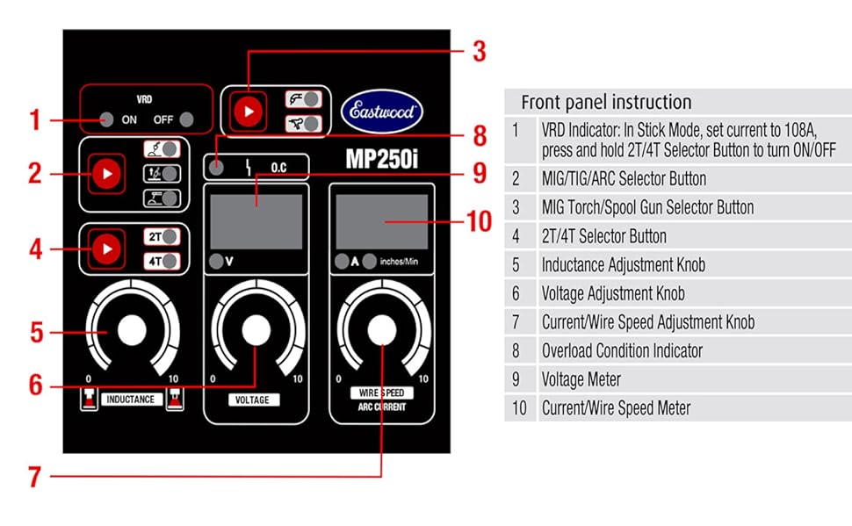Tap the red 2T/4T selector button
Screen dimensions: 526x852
(x=107, y=249)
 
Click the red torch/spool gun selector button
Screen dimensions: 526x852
(x=249, y=112)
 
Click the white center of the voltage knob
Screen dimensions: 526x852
(x=256, y=329)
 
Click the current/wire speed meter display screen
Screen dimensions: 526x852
(x=381, y=218)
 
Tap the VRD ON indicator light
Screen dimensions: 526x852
(x=105, y=120)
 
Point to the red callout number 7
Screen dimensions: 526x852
(x=34, y=477)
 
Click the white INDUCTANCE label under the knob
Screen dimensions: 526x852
(x=131, y=400)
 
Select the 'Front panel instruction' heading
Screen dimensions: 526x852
(x=606, y=102)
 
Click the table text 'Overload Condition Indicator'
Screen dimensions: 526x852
(x=622, y=351)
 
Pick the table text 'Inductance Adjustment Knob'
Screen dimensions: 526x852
(x=623, y=265)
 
